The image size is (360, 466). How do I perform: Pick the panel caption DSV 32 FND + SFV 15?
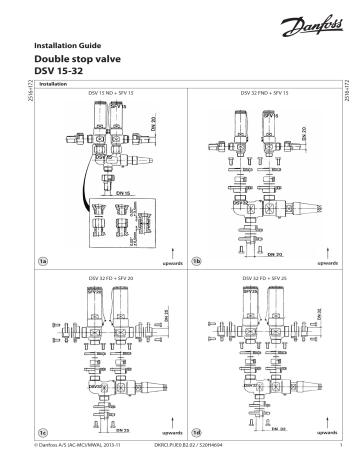click(x=264, y=91)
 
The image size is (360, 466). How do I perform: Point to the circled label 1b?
click(x=197, y=260)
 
